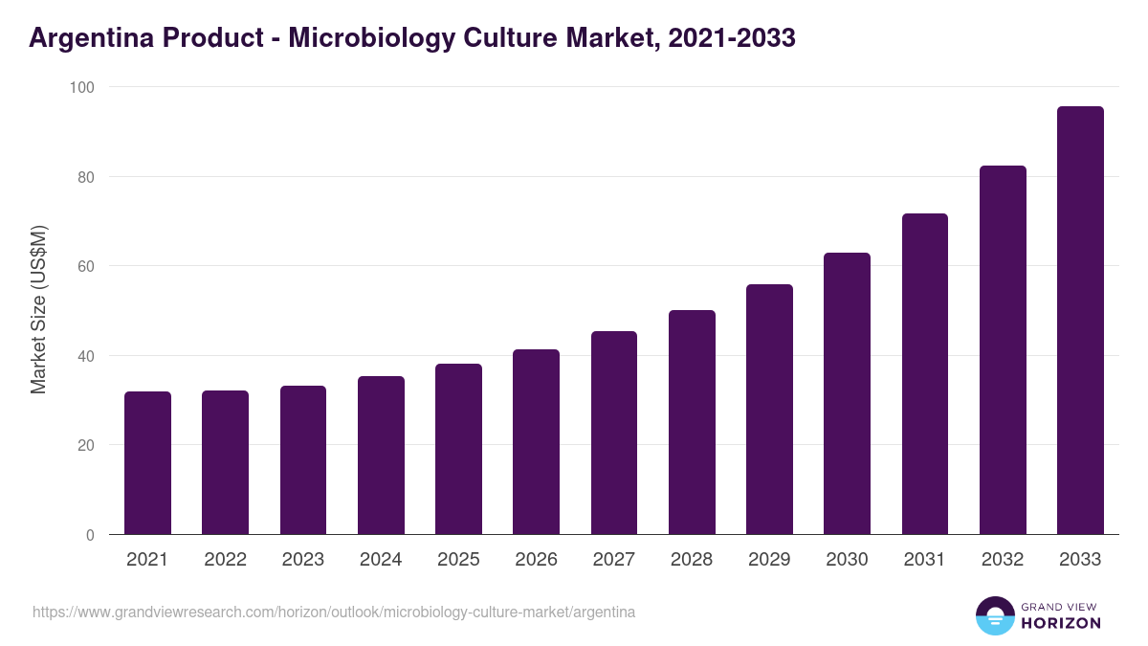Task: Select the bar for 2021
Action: (x=147, y=463)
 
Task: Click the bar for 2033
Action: (x=1080, y=321)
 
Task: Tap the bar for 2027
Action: (x=614, y=433)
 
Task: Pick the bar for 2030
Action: (x=847, y=393)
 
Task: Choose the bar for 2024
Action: (x=381, y=456)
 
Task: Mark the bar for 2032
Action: (x=1003, y=350)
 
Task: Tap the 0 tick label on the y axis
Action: (x=90, y=535)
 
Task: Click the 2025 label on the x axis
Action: (x=458, y=560)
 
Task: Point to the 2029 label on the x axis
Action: (x=769, y=560)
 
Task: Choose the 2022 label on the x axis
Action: (x=225, y=560)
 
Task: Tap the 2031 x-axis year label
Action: (x=925, y=560)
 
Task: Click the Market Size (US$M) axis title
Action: (x=38, y=310)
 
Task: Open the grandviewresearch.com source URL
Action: (x=334, y=612)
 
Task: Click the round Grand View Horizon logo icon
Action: (x=994, y=615)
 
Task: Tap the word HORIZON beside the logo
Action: (x=1060, y=623)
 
